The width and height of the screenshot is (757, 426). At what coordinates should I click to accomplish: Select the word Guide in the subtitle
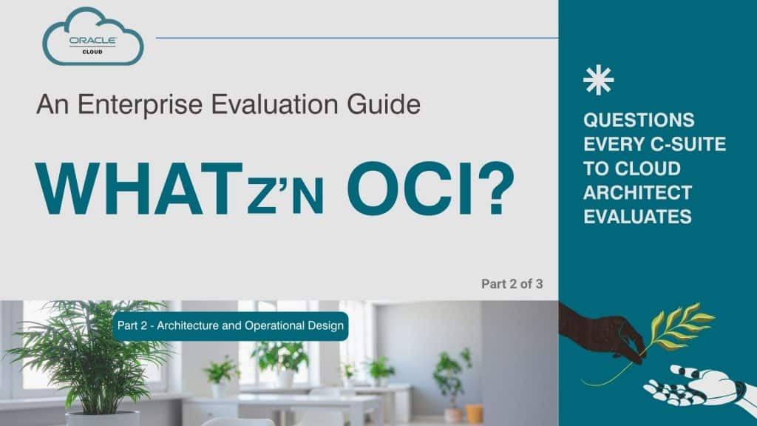click(x=385, y=104)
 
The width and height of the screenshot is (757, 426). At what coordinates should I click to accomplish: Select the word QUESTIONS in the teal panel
click(x=639, y=121)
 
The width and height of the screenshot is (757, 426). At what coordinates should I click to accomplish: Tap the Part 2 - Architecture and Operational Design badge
click(x=230, y=326)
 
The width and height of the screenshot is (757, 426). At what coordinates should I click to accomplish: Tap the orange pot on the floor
click(x=474, y=413)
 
